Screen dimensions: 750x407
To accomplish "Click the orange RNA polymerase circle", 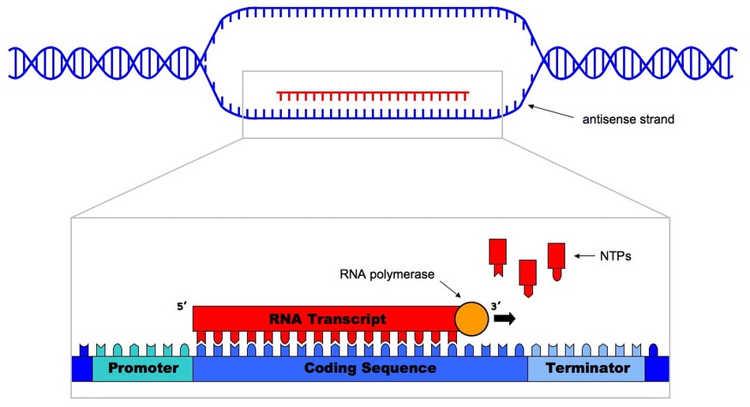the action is pyautogui.click(x=471, y=318).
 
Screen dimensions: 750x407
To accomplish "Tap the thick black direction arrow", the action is pyautogui.click(x=504, y=318).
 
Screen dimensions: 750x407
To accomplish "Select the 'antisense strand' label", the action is pyautogui.click(x=628, y=119).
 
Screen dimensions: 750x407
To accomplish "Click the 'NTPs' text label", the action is pyautogui.click(x=616, y=257).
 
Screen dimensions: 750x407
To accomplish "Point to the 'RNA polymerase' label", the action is pyautogui.click(x=387, y=274).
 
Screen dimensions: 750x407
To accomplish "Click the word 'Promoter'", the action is pyautogui.click(x=143, y=367).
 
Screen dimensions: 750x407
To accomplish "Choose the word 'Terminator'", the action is pyautogui.click(x=587, y=367).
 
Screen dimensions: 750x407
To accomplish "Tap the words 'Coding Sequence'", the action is pyautogui.click(x=370, y=368).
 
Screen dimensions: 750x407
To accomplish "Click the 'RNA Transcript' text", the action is pyautogui.click(x=328, y=318).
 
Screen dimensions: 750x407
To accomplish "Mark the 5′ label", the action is pyautogui.click(x=182, y=307).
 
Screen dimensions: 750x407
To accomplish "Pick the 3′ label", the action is pyautogui.click(x=496, y=307).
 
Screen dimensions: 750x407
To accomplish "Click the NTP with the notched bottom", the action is pyautogui.click(x=497, y=258).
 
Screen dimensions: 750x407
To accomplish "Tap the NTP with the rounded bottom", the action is pyautogui.click(x=557, y=262).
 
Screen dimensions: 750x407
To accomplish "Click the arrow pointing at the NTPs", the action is pyautogui.click(x=583, y=256).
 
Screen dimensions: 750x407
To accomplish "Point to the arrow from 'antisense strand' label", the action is pyautogui.click(x=550, y=111).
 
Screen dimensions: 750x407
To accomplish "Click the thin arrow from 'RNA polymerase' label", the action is pyautogui.click(x=450, y=289).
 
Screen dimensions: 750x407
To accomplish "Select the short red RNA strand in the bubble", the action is pyautogui.click(x=373, y=96).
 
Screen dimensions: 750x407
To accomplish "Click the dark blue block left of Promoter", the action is pyautogui.click(x=81, y=363).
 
